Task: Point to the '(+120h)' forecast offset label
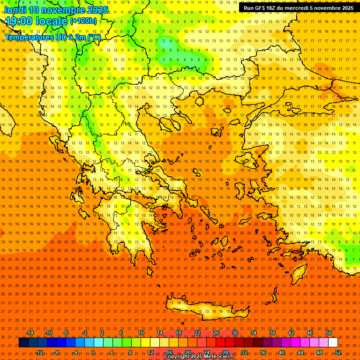pos(83,21)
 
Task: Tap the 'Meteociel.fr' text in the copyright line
pos(217,357)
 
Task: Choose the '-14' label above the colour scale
pos(30,333)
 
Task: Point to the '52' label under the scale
pos(338,352)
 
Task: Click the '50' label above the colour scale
pos(329,333)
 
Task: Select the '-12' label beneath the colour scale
pos(39,352)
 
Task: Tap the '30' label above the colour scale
pos(235,333)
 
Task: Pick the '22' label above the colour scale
pos(197,333)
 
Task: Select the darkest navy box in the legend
pos(24,343)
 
